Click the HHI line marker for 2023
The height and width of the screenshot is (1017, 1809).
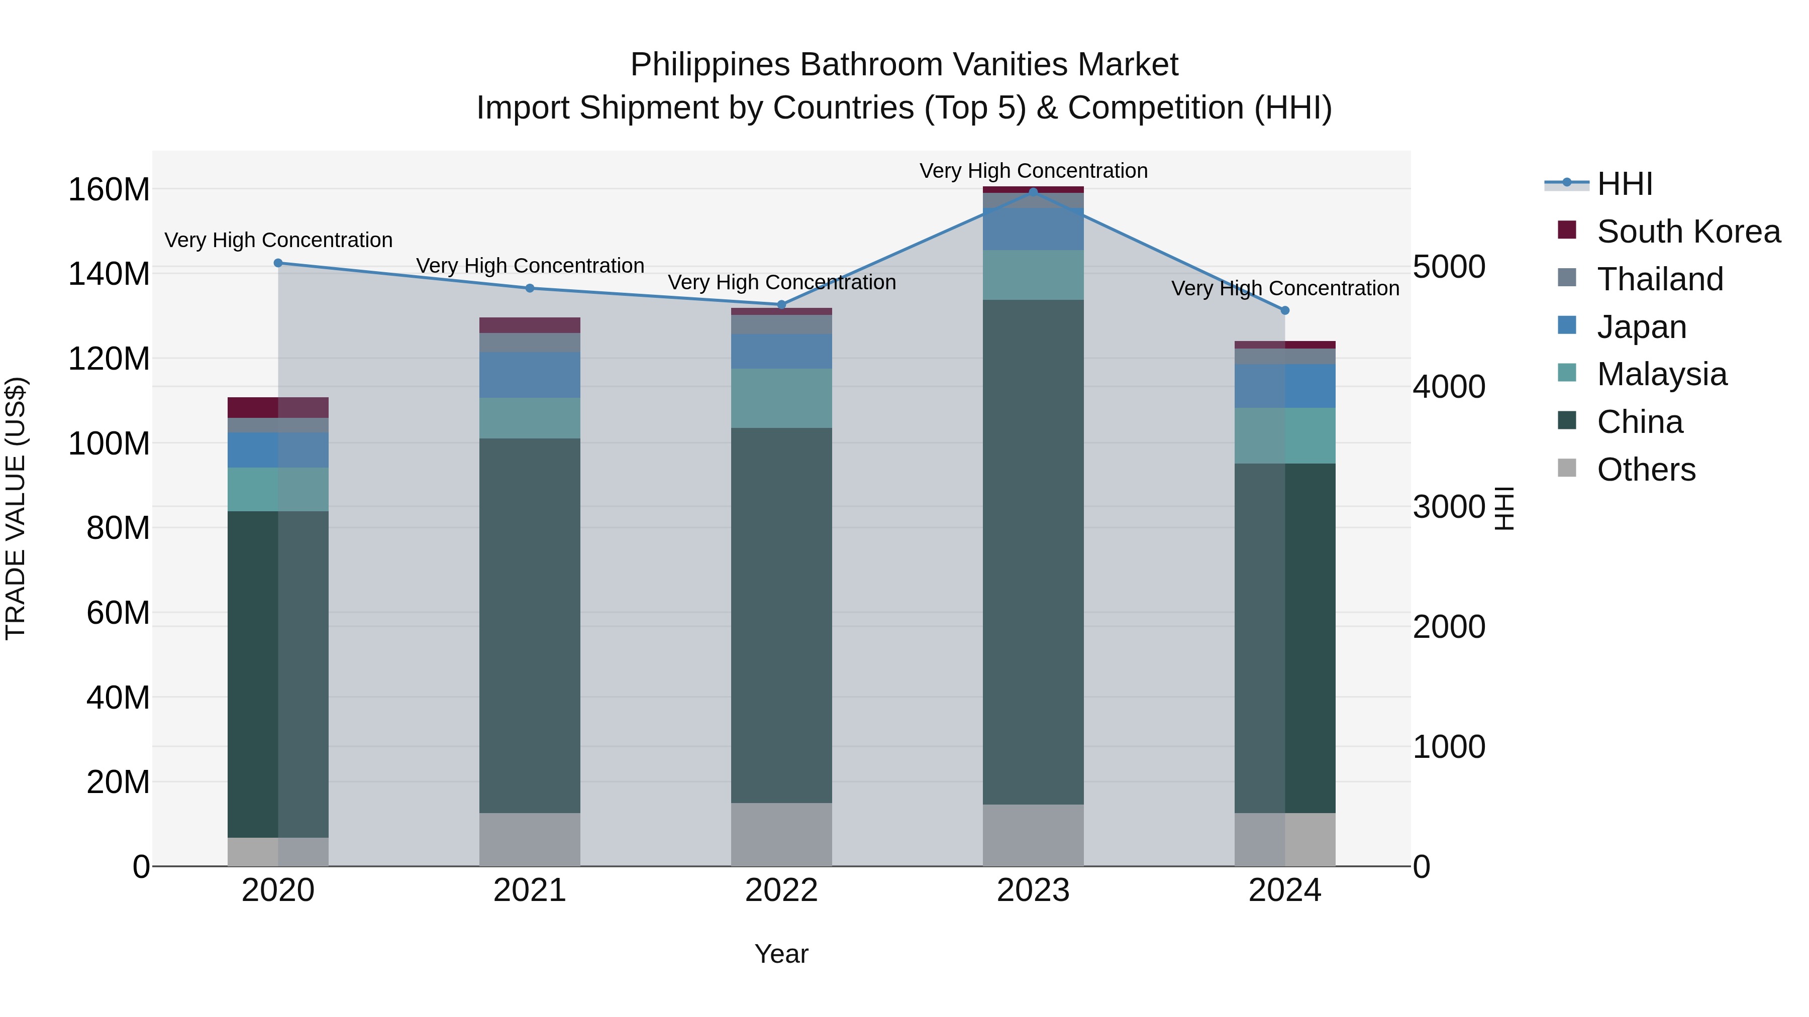click(x=1033, y=192)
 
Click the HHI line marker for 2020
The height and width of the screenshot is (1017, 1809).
click(x=278, y=263)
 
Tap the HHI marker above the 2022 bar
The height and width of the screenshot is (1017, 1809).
click(x=781, y=305)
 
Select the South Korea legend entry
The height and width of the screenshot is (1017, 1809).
click(x=1688, y=232)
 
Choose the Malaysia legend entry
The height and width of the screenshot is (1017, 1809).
click(x=1662, y=374)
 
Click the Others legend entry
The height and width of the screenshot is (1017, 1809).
click(x=1646, y=470)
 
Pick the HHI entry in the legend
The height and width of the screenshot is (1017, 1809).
click(x=1624, y=184)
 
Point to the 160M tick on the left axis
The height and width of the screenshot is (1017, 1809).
click(x=109, y=189)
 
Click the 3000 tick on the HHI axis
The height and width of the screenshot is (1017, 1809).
click(x=1449, y=507)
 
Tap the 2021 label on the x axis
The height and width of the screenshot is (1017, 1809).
click(x=530, y=890)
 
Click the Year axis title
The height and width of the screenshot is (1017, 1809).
click(x=781, y=954)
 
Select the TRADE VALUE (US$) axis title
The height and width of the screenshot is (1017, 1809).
click(x=16, y=508)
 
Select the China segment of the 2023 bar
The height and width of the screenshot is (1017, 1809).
click(x=1033, y=551)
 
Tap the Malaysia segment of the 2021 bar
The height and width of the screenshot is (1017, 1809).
click(x=530, y=418)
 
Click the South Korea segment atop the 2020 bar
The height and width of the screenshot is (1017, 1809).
click(x=278, y=408)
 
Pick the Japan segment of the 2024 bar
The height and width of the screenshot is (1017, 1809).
click(x=1285, y=386)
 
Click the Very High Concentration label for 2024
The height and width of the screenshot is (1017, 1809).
click(x=1285, y=288)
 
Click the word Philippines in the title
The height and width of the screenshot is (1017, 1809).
click(x=710, y=65)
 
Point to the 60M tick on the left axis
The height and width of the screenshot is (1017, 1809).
click(x=118, y=613)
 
